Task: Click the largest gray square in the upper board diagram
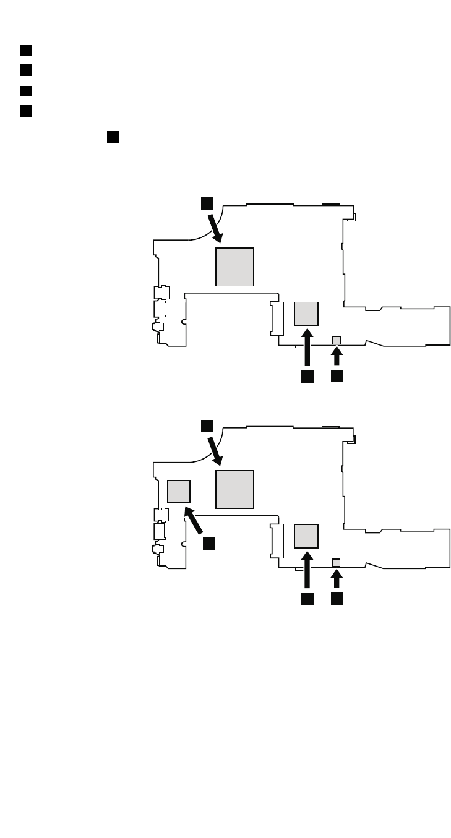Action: click(x=234, y=267)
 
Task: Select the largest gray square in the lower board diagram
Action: click(x=234, y=489)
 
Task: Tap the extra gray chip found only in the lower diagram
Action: click(x=179, y=492)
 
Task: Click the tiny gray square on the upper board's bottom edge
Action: click(x=337, y=340)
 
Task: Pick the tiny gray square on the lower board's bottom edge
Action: click(x=337, y=562)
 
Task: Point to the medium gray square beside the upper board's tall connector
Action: click(x=306, y=314)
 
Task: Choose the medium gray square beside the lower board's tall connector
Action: click(x=306, y=536)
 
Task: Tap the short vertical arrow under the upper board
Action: click(x=337, y=356)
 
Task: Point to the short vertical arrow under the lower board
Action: click(x=337, y=579)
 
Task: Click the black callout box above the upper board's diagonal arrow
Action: click(x=207, y=203)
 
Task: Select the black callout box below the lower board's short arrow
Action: click(x=337, y=599)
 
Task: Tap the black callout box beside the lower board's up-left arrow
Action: click(x=209, y=542)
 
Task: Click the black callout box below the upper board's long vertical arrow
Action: click(x=307, y=376)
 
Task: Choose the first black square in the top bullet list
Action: click(x=25, y=50)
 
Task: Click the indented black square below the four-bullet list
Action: click(x=113, y=137)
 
